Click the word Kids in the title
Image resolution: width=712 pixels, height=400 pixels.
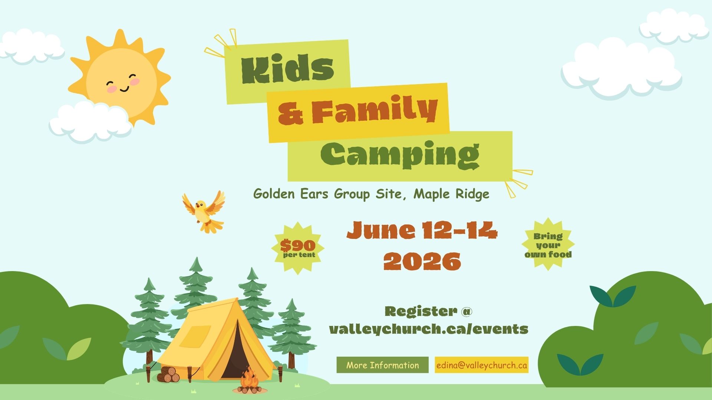(287, 69)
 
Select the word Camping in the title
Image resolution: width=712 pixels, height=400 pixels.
(400, 154)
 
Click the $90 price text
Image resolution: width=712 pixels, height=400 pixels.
(298, 245)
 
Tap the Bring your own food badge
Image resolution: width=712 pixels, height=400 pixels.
(548, 245)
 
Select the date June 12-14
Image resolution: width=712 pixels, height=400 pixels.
(422, 230)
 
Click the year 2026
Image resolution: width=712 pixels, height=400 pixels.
(422, 261)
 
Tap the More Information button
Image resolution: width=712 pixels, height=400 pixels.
(382, 365)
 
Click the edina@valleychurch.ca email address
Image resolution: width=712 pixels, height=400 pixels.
(481, 365)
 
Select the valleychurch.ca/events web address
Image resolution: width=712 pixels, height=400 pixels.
(428, 329)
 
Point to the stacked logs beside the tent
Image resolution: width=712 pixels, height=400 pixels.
(168, 374)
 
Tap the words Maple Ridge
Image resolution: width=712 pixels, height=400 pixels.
(451, 194)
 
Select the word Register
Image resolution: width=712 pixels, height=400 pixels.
(421, 311)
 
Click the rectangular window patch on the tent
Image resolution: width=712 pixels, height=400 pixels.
(195, 336)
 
